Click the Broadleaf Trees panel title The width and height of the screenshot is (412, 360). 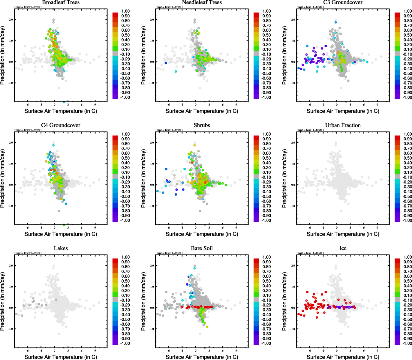pos(61,2)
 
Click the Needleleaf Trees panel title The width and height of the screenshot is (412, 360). pos(202,2)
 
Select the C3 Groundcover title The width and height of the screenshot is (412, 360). pos(343,2)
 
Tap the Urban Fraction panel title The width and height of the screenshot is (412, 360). pos(343,125)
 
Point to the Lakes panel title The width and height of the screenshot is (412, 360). pos(61,248)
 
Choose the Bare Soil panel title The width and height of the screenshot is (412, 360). pos(202,248)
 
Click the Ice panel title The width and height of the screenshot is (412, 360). pos(343,248)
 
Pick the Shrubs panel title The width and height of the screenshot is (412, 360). pos(202,125)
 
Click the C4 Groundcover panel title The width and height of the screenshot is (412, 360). pos(61,125)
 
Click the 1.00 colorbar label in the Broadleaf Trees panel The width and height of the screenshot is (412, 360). pos(125,11)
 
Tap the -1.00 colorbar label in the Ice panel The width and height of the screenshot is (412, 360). pos(407,343)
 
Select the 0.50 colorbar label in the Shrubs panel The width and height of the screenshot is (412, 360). pos(266,158)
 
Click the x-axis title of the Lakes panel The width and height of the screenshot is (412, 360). pos(61,357)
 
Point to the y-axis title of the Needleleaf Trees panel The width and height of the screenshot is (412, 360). pos(143,55)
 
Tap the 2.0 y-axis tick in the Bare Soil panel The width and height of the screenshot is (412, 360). pos(152,266)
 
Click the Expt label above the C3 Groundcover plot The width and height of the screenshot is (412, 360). pos(310,7)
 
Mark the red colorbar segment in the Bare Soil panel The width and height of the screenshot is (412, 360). pos(256,261)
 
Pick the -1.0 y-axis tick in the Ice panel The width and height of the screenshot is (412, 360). pos(293,329)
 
